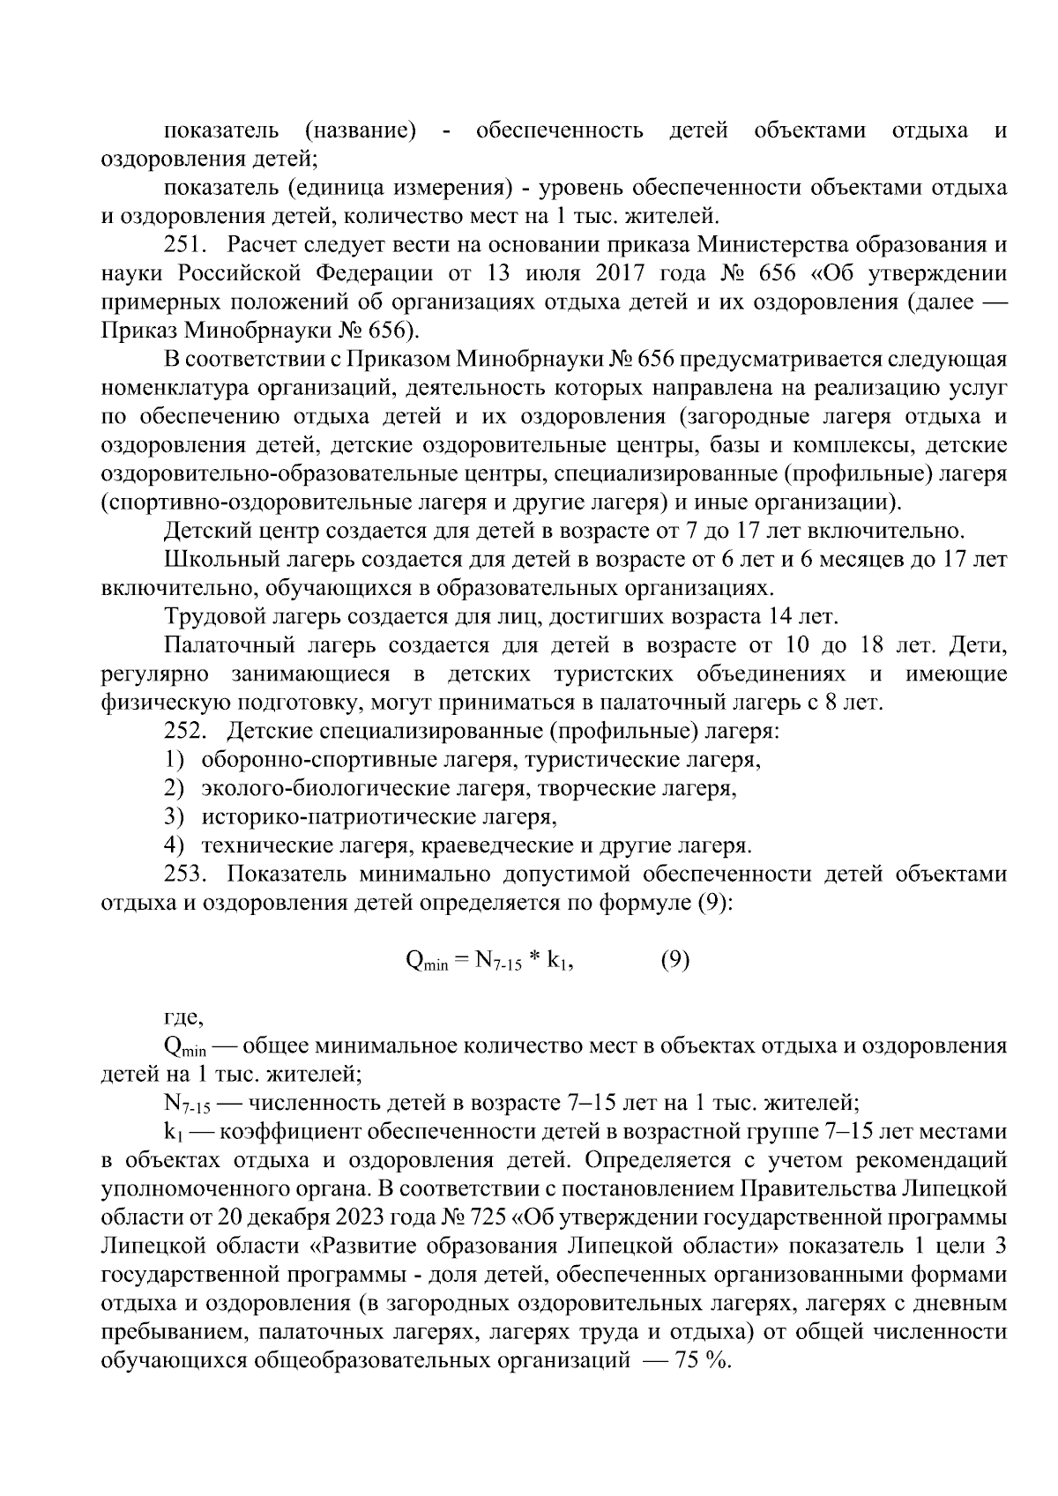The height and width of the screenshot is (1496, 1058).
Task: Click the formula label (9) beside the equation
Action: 674,961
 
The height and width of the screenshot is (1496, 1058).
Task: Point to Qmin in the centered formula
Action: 426,963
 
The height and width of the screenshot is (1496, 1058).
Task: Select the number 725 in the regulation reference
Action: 487,1218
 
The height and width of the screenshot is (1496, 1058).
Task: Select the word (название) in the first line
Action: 359,131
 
